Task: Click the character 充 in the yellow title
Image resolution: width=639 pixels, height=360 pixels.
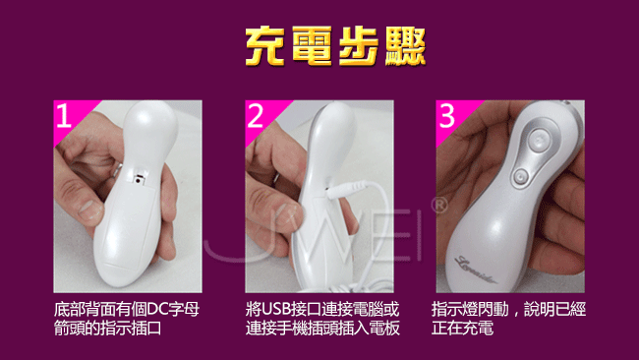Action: (265, 46)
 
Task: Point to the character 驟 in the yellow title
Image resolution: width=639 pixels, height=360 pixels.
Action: (405, 46)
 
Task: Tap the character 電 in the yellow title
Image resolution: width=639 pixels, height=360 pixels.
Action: (313, 46)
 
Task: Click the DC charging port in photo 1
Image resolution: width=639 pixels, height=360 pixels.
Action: (140, 179)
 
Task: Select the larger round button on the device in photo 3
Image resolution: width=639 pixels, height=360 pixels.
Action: (539, 141)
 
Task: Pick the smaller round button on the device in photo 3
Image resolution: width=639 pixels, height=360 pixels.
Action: (520, 176)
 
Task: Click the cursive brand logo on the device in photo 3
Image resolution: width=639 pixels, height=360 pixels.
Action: (476, 270)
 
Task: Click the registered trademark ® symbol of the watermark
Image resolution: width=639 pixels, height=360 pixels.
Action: (439, 206)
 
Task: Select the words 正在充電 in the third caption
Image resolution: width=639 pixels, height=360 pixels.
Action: (463, 328)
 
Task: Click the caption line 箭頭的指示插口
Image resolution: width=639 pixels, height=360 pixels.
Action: (108, 328)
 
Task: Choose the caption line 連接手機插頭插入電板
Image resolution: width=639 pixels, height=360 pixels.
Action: (322, 328)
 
